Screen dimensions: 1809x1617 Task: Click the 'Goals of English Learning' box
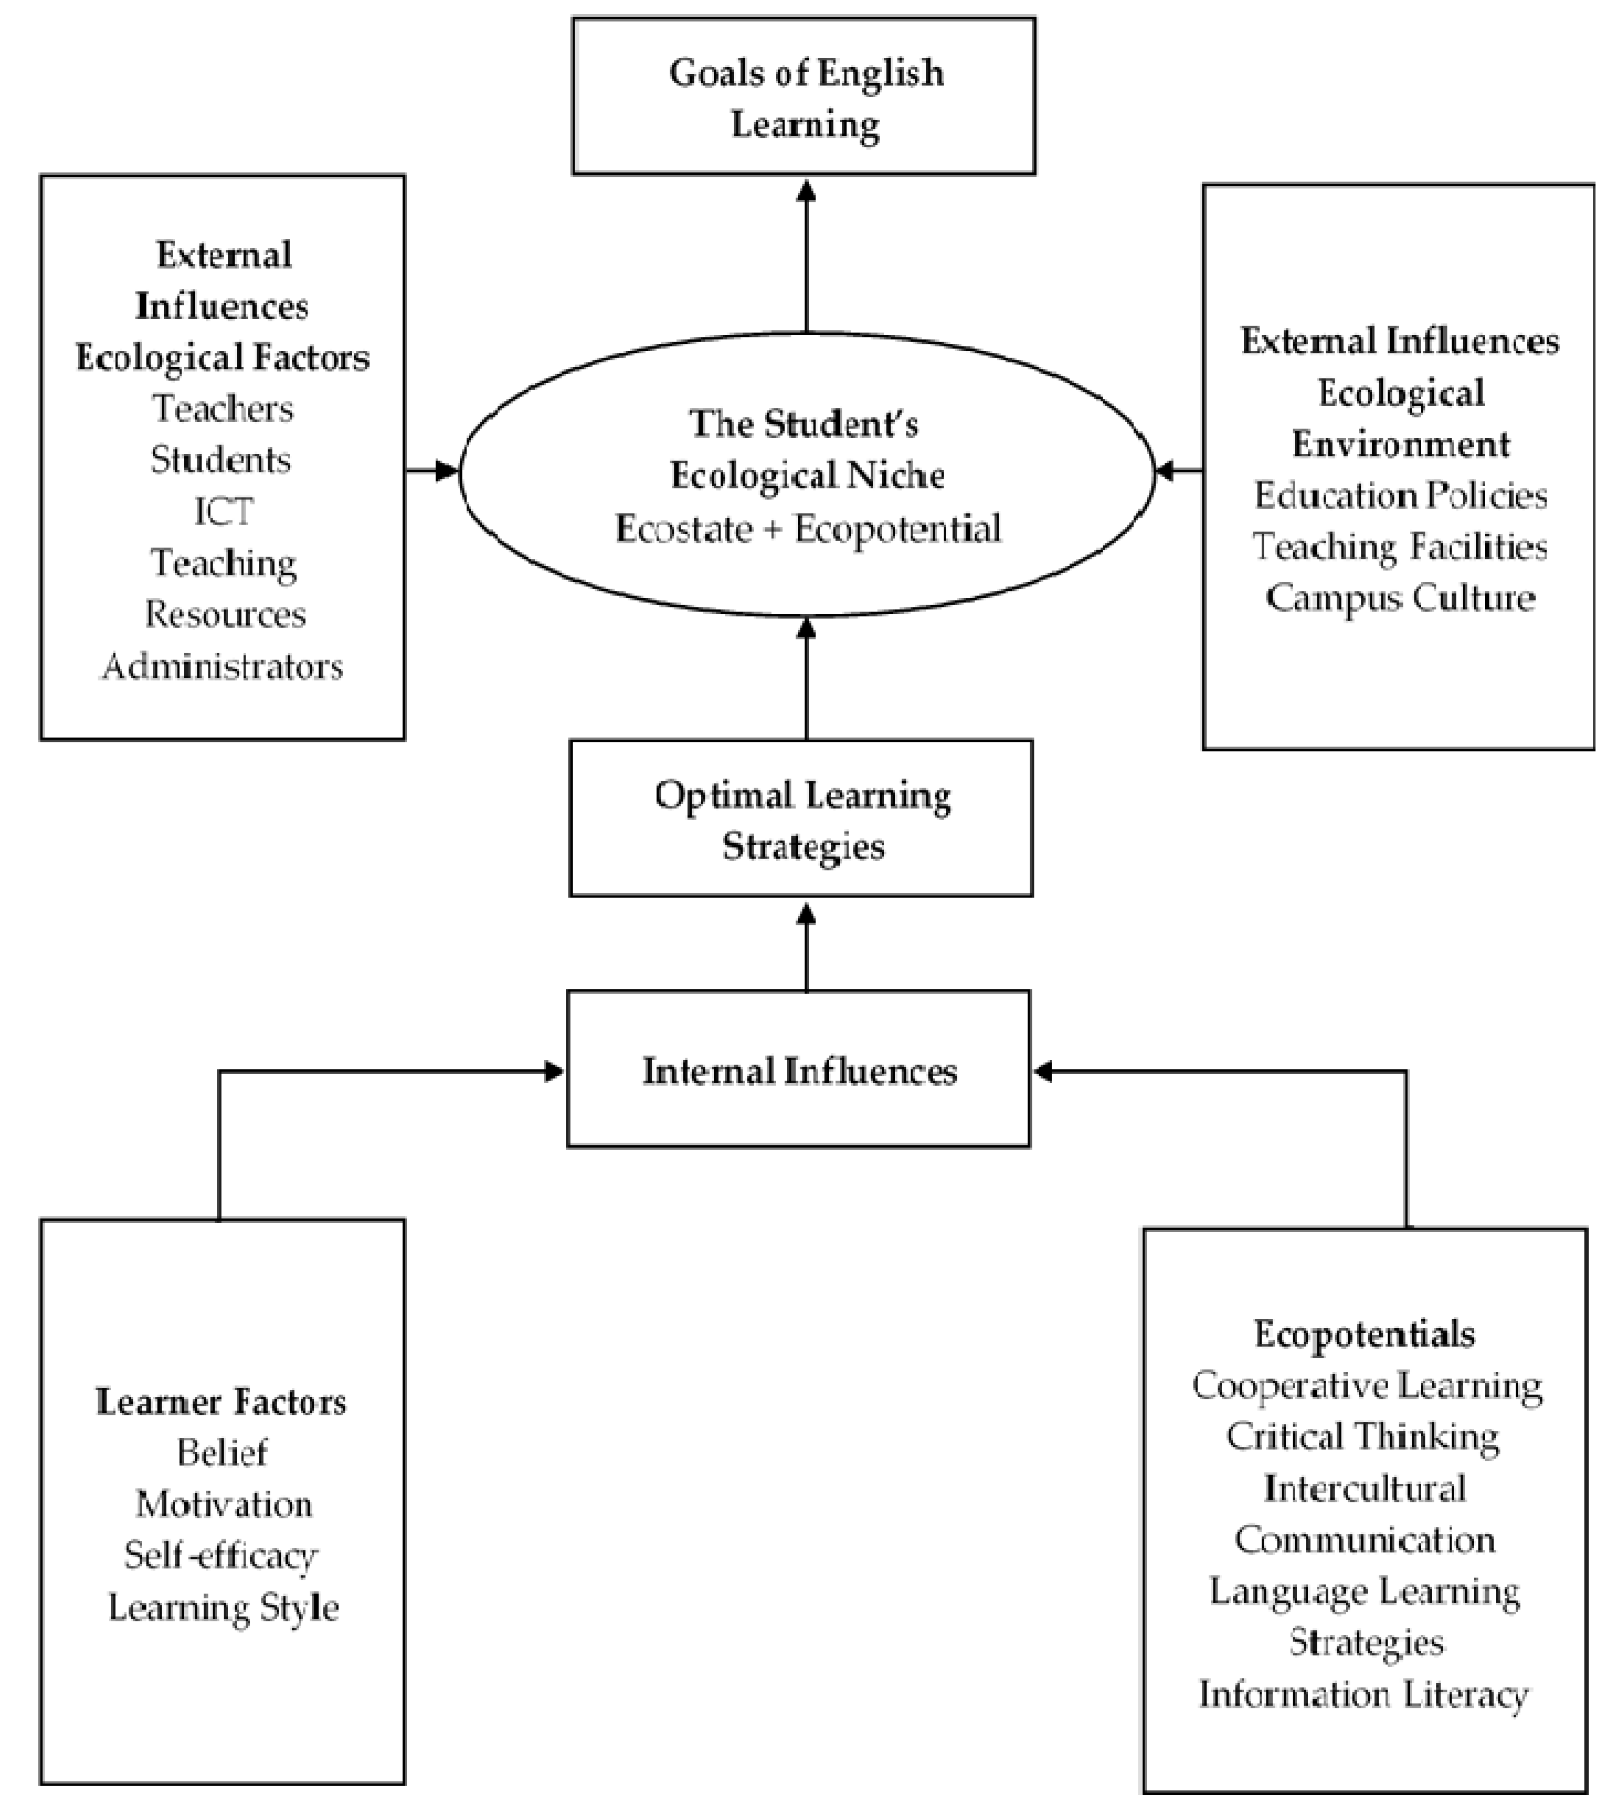coord(804,96)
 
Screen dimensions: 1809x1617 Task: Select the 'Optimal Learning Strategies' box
coord(801,818)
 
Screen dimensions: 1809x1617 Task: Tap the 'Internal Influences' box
coord(799,1070)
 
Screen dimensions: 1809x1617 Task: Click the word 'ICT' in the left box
coord(223,511)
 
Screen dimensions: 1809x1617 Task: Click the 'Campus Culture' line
coord(1400,598)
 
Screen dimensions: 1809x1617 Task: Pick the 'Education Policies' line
coord(1400,495)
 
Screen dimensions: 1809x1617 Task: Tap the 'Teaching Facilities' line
coord(1400,547)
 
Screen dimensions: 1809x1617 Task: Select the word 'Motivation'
coord(223,1504)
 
